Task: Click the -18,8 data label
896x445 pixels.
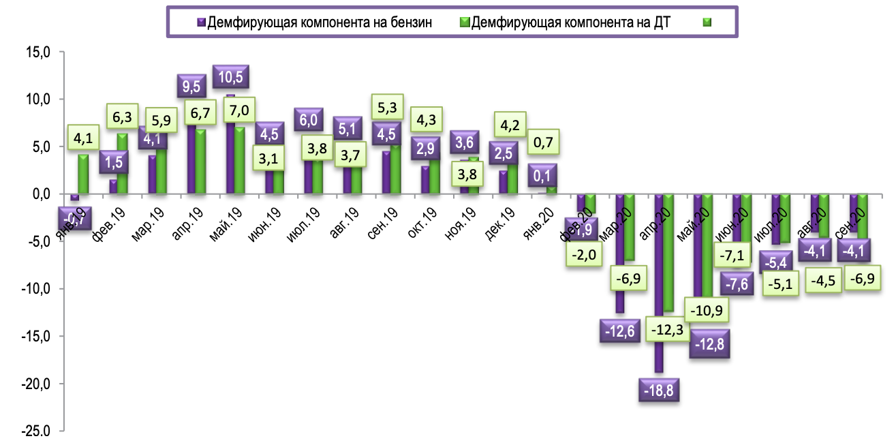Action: coord(659,390)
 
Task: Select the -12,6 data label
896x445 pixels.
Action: coord(621,331)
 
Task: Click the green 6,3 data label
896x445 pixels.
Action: coord(122,118)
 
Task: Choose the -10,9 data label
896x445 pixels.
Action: coord(701,310)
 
